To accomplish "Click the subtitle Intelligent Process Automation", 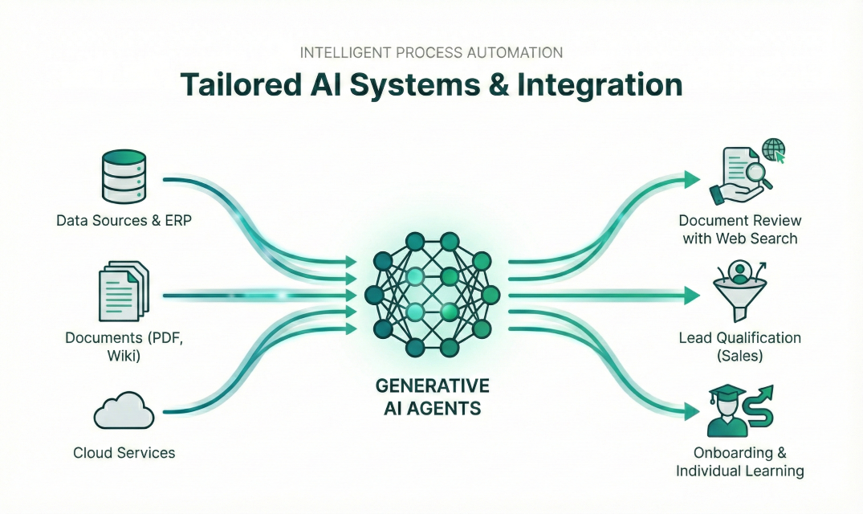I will click(x=431, y=52).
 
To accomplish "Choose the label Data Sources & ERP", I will click(x=124, y=220).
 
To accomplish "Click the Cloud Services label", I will click(x=124, y=453).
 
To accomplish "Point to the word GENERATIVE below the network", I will click(x=431, y=385).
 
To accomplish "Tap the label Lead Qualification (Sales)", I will click(x=739, y=347).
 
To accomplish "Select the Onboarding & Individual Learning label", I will click(x=739, y=463).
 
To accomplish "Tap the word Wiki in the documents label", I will click(x=124, y=355).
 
